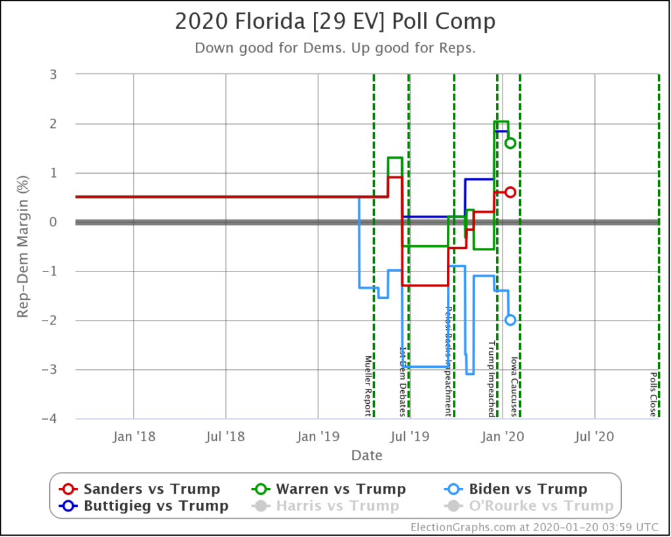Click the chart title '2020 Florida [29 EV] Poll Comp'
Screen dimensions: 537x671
click(x=335, y=22)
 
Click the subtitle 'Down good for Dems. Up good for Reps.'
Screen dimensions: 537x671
click(x=335, y=48)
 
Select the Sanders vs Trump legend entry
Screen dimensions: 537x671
click(x=140, y=488)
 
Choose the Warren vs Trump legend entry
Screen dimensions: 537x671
click(x=329, y=488)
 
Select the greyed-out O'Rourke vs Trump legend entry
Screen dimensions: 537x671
click(x=529, y=506)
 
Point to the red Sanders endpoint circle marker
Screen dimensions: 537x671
click(x=510, y=192)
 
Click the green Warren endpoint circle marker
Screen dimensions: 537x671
click(x=510, y=143)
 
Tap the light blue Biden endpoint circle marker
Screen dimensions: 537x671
click(x=510, y=320)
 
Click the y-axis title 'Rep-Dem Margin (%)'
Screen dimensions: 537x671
click(x=23, y=247)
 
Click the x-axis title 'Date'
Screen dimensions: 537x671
click(x=366, y=455)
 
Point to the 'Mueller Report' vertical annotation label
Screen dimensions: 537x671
click(x=368, y=386)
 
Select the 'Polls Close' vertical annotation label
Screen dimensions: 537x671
click(x=653, y=395)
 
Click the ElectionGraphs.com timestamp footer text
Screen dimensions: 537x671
click(x=535, y=527)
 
